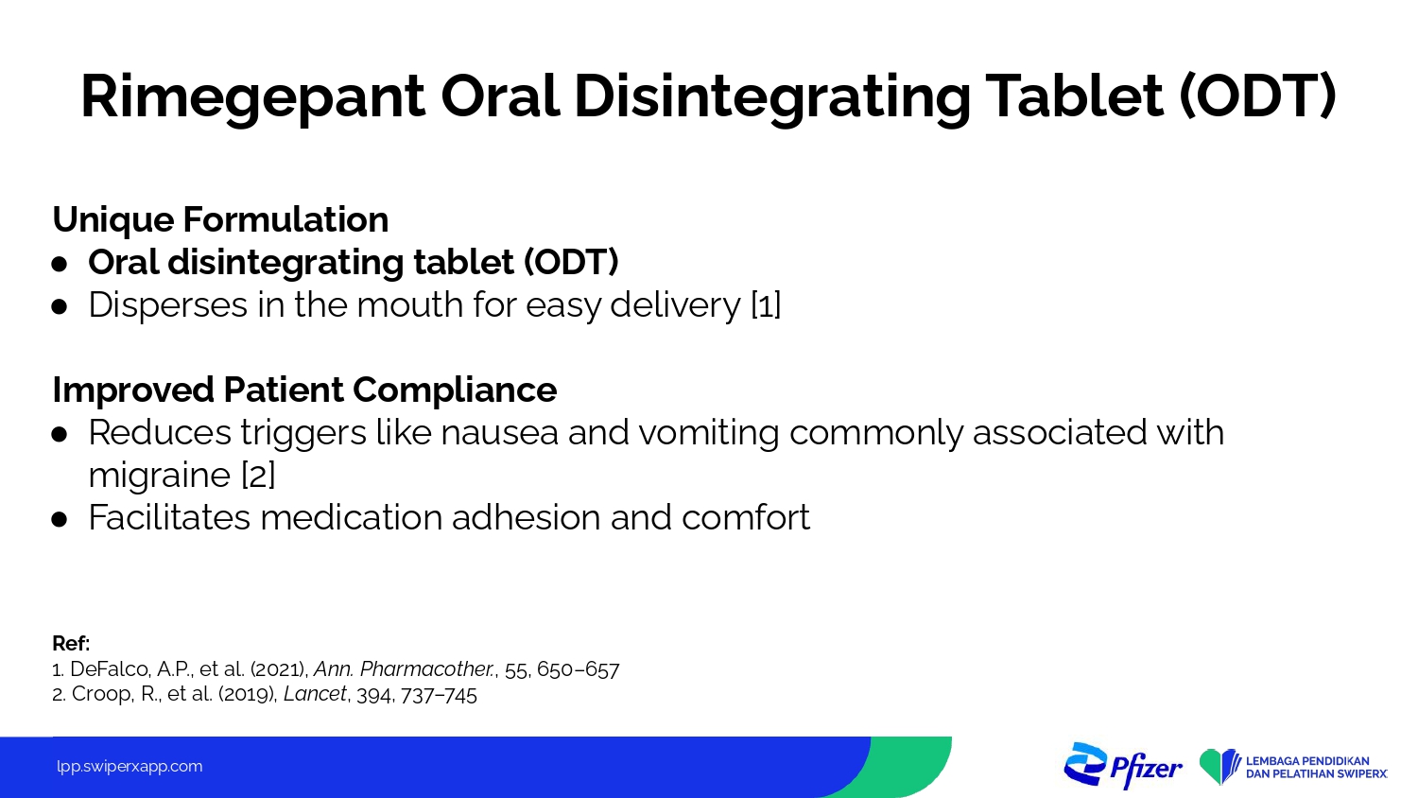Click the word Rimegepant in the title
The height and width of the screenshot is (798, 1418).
click(252, 96)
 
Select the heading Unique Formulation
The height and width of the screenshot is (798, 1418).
click(220, 219)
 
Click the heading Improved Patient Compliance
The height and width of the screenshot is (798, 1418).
click(304, 389)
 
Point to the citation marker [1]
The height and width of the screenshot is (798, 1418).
click(766, 305)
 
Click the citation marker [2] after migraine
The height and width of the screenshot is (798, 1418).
click(258, 475)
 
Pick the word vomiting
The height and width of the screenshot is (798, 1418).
click(708, 434)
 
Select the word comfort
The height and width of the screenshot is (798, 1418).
click(746, 517)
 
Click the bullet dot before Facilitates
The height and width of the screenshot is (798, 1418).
click(60, 520)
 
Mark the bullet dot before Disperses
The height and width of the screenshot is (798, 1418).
click(60, 307)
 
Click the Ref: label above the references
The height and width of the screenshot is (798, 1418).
click(71, 644)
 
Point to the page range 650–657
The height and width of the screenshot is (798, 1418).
click(578, 669)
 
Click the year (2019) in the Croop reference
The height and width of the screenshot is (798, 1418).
click(248, 694)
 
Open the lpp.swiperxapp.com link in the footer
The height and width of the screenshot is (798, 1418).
click(130, 767)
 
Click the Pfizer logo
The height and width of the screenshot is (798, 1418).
click(1123, 766)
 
